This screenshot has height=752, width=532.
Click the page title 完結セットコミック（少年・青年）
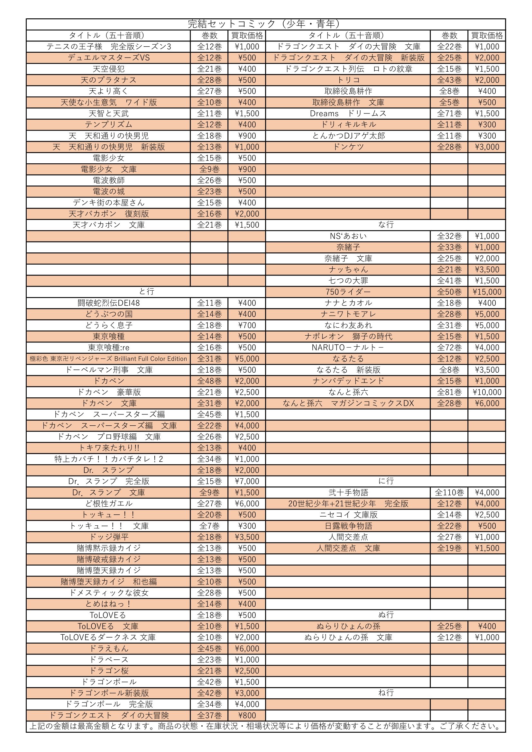pyautogui.click(x=265, y=24)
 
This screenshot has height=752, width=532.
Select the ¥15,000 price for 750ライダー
pyautogui.click(x=487, y=292)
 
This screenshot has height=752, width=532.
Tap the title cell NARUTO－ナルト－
pyautogui.click(x=348, y=348)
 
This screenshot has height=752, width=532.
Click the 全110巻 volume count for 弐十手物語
pyautogui.click(x=449, y=493)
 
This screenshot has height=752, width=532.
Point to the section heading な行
pyautogui.click(x=386, y=225)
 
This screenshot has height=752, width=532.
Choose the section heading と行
pyautogui.click(x=146, y=292)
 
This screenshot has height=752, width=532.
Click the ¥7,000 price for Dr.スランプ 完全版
pyautogui.click(x=247, y=482)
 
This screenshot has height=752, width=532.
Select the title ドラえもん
pyautogui.click(x=109, y=648)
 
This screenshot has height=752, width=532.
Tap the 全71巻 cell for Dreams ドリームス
pyautogui.click(x=449, y=113)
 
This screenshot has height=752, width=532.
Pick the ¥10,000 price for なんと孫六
pyautogui.click(x=487, y=392)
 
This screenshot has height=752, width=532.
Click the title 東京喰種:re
pyautogui.click(x=109, y=348)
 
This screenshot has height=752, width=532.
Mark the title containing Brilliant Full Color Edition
pyautogui.click(x=108, y=359)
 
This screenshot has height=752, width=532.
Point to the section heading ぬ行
pyautogui.click(x=386, y=615)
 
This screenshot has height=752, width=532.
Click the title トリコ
pyautogui.click(x=348, y=80)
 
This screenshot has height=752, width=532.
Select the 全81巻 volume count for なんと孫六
pyautogui.click(x=449, y=392)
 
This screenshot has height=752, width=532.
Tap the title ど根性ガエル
pyautogui.click(x=109, y=504)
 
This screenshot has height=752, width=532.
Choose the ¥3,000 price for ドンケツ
pyautogui.click(x=487, y=147)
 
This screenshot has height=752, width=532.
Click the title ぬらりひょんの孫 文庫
pyautogui.click(x=348, y=637)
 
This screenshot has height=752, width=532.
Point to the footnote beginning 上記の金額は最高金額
pyautogui.click(x=265, y=727)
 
